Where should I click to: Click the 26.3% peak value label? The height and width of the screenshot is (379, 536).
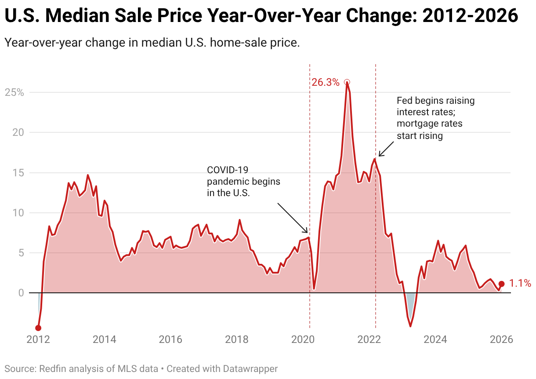click(325, 82)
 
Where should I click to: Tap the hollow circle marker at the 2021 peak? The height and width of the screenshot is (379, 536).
click(347, 82)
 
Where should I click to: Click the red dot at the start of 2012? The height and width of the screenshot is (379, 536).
click(38, 328)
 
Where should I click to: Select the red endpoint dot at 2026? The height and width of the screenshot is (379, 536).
click(501, 284)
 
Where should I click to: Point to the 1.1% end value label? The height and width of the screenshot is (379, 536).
click(520, 284)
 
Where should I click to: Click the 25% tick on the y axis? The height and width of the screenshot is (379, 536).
click(14, 93)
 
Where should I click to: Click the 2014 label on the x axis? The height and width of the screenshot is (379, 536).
click(104, 339)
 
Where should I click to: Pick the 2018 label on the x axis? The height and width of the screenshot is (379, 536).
click(236, 339)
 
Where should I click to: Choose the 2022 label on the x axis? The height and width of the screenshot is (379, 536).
click(369, 339)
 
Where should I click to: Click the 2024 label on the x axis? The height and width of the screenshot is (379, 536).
click(435, 339)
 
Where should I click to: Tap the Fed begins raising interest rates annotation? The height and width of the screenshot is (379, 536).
click(435, 118)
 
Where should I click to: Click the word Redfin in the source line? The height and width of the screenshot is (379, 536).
click(52, 368)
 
